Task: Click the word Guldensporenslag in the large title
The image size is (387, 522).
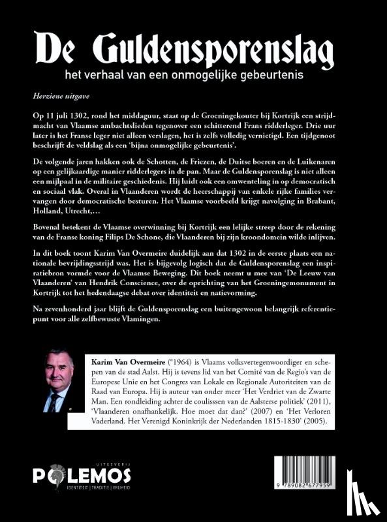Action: pos(214,49)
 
